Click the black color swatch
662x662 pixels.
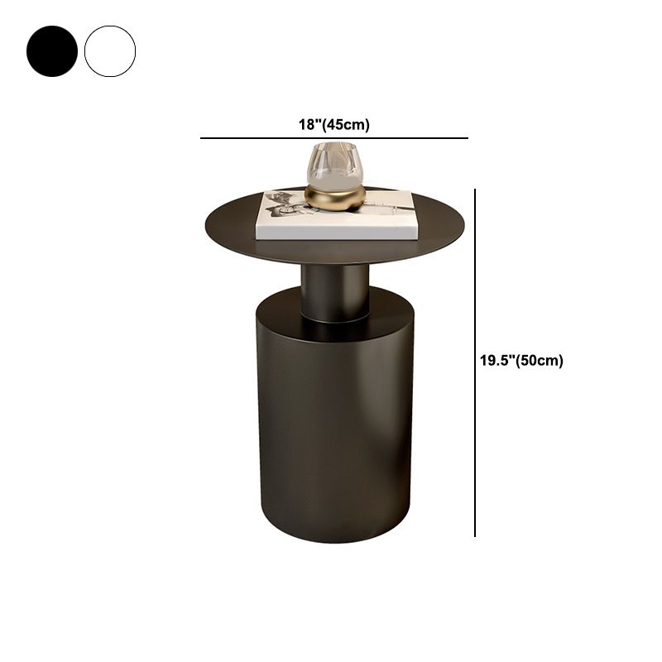tap(52, 51)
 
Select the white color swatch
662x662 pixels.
tap(110, 51)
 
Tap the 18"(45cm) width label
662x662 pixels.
tap(333, 125)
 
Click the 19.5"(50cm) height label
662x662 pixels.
tap(521, 360)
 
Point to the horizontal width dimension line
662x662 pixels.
tap(333, 138)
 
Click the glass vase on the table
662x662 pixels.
tap(335, 165)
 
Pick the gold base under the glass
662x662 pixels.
tap(335, 198)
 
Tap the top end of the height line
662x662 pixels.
tap(475, 190)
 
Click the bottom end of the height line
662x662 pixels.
tap(475, 535)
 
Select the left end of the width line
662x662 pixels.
tap(202, 138)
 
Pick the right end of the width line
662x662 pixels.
tap(468, 138)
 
